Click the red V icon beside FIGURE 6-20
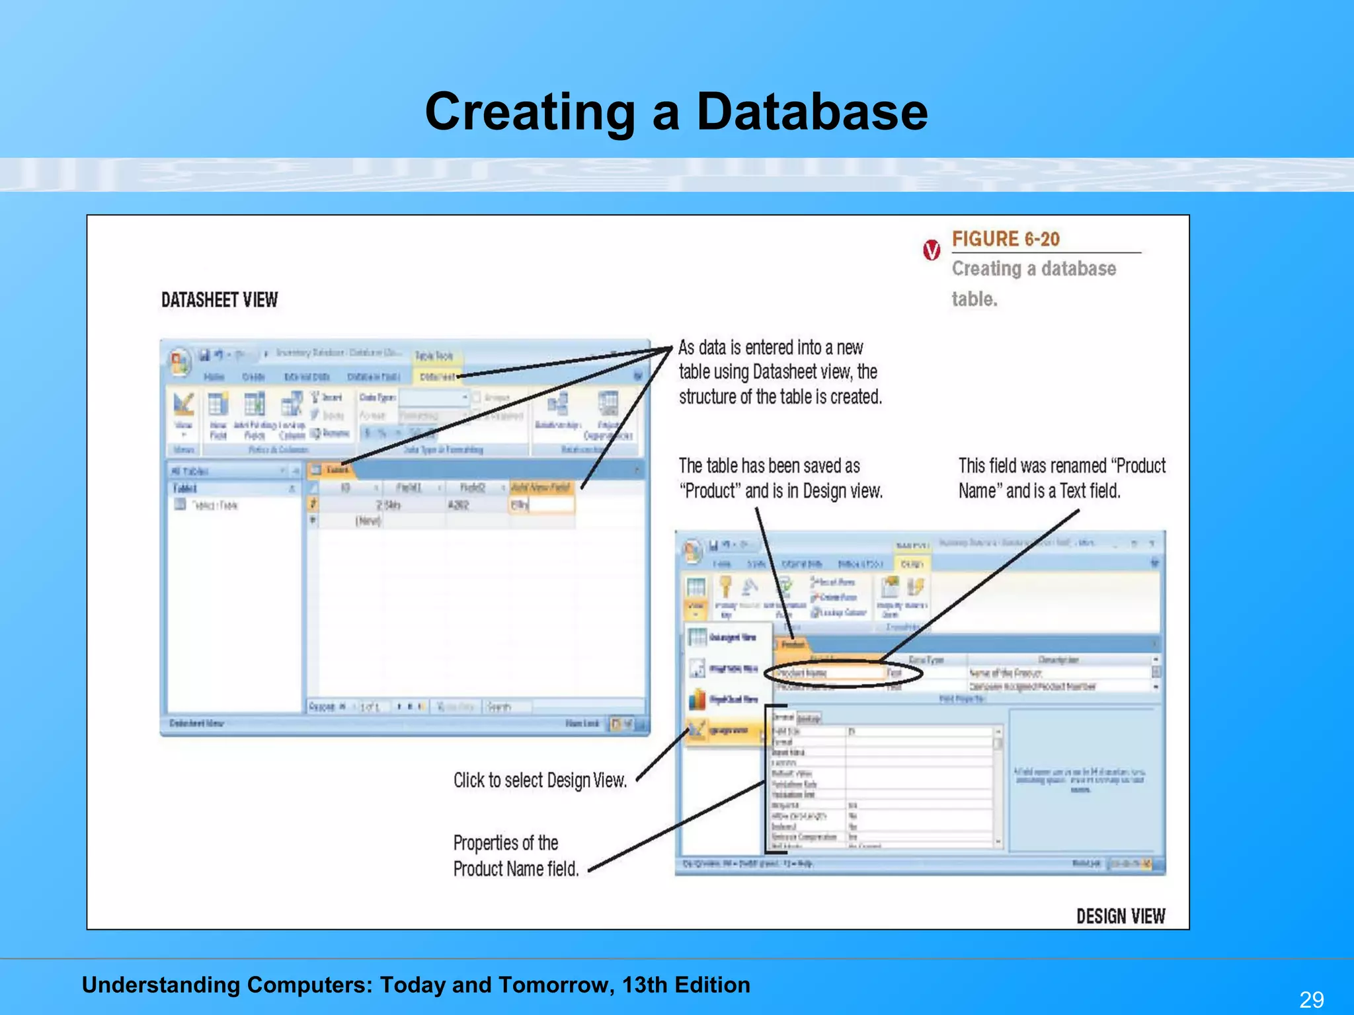[932, 250]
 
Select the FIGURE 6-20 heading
[1005, 239]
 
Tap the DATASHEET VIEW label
[219, 301]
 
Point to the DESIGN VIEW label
[1120, 917]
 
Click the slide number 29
[1311, 998]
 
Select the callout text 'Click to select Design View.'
[539, 780]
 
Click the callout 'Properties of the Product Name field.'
[516, 856]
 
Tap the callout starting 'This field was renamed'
[1061, 478]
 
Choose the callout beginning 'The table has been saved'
[780, 478]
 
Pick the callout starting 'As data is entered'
[780, 372]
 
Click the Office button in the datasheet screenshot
[179, 361]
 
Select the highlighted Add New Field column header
[541, 488]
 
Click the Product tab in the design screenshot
[793, 644]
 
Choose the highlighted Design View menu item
[723, 731]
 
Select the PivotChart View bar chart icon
[697, 699]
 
